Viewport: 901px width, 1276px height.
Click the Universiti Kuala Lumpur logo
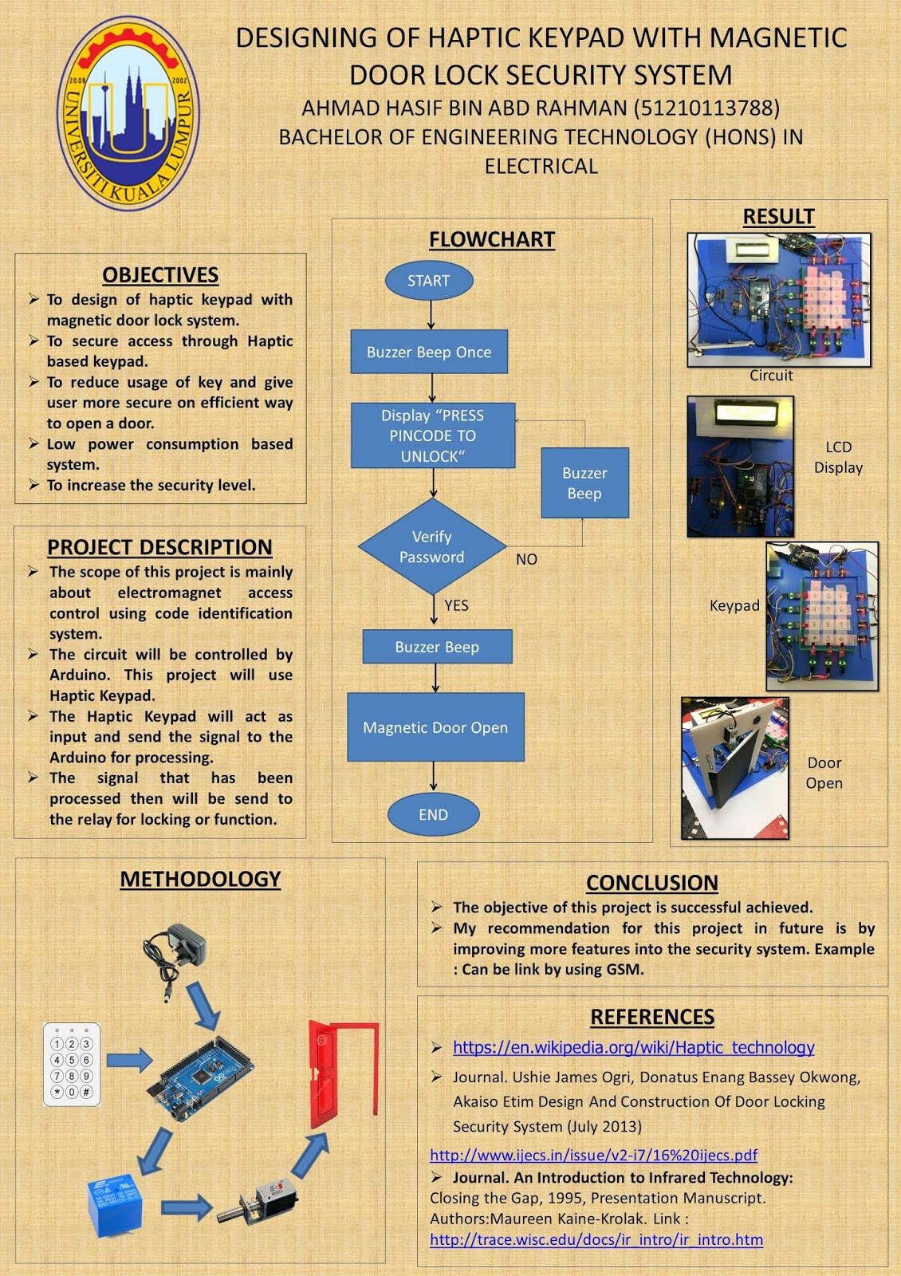tap(128, 114)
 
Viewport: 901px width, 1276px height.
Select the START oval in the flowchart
tap(429, 281)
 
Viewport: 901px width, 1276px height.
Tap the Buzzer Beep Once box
tap(429, 352)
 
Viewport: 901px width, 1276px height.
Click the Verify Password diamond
tap(432, 547)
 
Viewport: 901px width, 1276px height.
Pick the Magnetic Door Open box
tap(435, 727)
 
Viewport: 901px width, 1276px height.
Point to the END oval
tap(433, 814)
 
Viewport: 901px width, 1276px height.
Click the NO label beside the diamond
tap(526, 559)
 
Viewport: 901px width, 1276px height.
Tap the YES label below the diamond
tap(456, 605)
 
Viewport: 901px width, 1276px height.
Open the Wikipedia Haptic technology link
tap(633, 1047)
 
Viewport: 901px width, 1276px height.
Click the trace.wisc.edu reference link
tap(596, 1239)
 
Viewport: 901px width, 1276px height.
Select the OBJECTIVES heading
tap(160, 275)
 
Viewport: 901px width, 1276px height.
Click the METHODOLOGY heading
tap(200, 879)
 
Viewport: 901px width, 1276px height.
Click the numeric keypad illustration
tap(72, 1065)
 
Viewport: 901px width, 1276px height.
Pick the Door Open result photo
tap(735, 767)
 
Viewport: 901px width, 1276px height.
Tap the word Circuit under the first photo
tap(771, 375)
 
